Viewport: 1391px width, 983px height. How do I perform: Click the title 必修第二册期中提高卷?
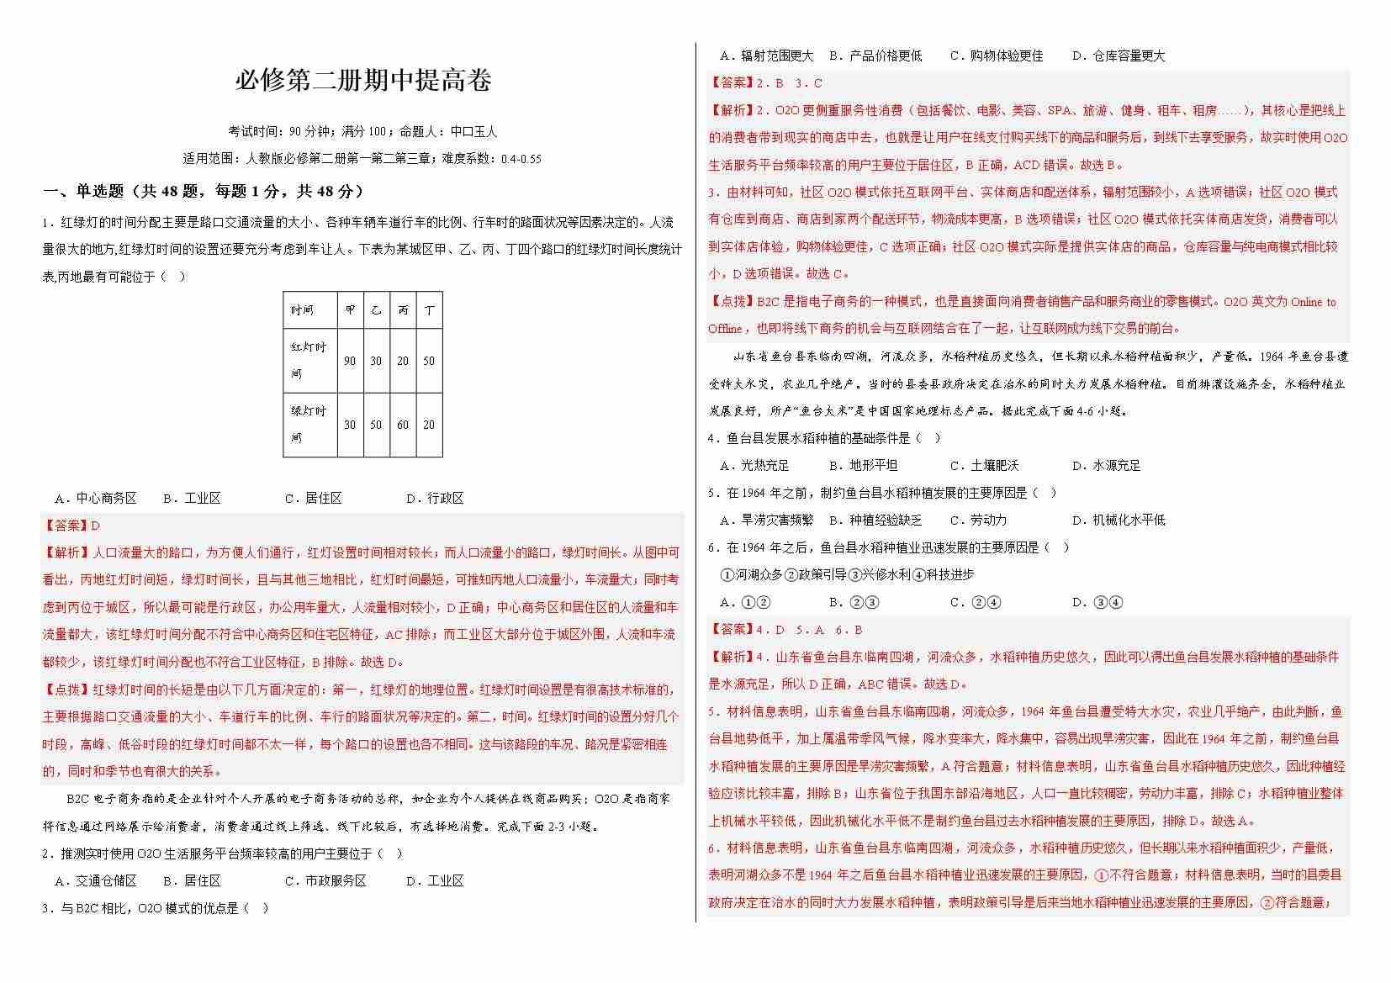pyautogui.click(x=362, y=81)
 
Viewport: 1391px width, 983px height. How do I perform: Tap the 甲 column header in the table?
pyautogui.click(x=350, y=310)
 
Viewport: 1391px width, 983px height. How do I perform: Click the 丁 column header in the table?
pyautogui.click(x=429, y=310)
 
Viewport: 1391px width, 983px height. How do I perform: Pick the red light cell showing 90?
pyautogui.click(x=350, y=361)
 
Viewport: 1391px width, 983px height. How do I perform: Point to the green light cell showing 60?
pyautogui.click(x=403, y=425)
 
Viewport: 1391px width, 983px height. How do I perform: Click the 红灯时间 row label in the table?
pyautogui.click(x=309, y=360)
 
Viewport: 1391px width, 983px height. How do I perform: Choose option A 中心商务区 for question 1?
pyautogui.click(x=96, y=498)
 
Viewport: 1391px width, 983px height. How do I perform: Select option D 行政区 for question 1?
pyautogui.click(x=435, y=498)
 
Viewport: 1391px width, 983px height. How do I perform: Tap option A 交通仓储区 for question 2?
pyautogui.click(x=96, y=880)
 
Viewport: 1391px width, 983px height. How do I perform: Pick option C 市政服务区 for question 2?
pyautogui.click(x=326, y=880)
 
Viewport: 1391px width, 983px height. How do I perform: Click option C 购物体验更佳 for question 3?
pyautogui.click(x=997, y=56)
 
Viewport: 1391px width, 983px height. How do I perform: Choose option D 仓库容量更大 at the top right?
pyautogui.click(x=1119, y=56)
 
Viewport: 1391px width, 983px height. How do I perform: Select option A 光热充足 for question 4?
pyautogui.click(x=755, y=465)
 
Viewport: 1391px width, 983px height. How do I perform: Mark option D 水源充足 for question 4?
pyautogui.click(x=1107, y=465)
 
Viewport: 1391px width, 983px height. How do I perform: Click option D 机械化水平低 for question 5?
pyautogui.click(x=1119, y=520)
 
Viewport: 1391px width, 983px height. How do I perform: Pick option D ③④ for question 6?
pyautogui.click(x=1097, y=602)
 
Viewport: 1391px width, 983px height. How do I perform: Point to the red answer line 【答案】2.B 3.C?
pyautogui.click(x=766, y=83)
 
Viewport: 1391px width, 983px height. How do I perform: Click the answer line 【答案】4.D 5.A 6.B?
pyautogui.click(x=785, y=630)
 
